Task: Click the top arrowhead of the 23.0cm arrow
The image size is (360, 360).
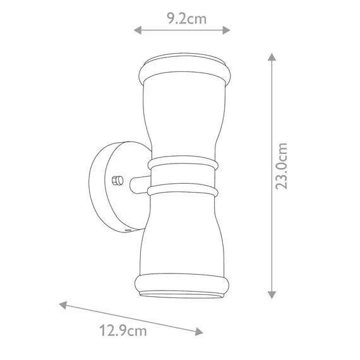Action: (x=272, y=57)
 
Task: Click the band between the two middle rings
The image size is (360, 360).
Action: (x=183, y=177)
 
